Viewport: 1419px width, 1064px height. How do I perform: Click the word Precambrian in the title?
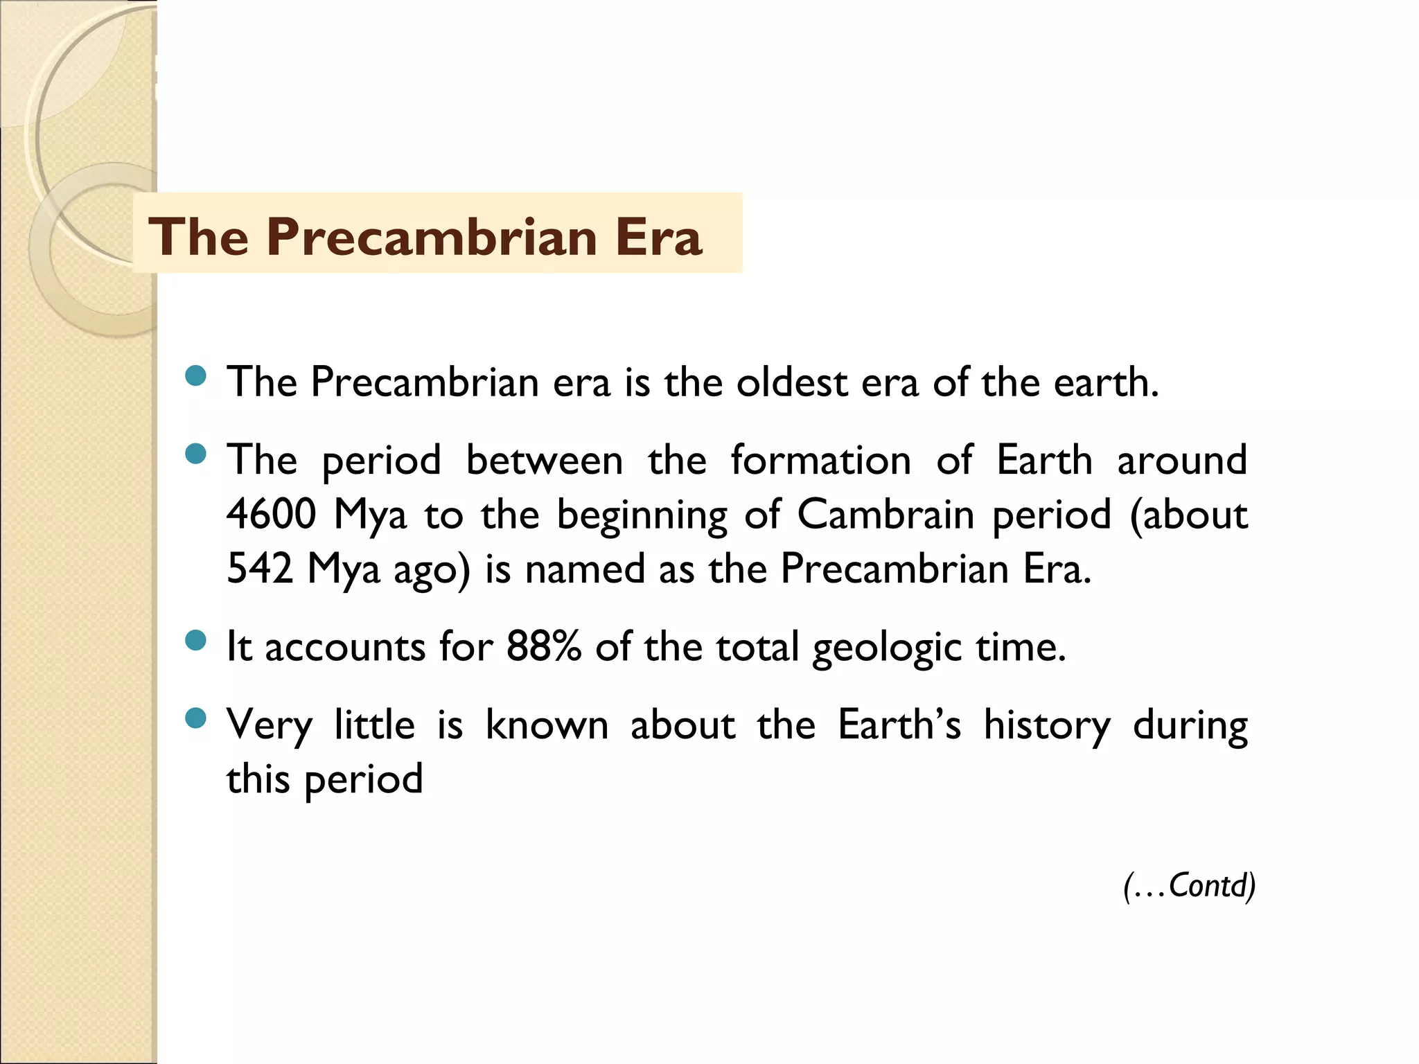tap(432, 238)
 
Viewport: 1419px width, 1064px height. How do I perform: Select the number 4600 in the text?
tap(272, 515)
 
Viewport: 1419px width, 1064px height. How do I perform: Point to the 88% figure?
tap(544, 647)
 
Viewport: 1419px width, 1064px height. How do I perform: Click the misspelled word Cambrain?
tap(885, 515)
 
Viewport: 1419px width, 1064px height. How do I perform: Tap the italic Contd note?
tap(1189, 886)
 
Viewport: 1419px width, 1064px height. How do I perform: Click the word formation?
tap(820, 461)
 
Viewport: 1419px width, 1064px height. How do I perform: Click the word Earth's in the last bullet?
tap(899, 725)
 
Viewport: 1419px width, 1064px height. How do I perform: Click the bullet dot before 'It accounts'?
tap(196, 641)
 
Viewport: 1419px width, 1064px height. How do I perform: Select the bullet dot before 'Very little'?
tap(196, 718)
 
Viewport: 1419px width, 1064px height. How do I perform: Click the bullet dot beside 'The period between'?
tap(196, 454)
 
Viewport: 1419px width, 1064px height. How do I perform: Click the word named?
tap(584, 570)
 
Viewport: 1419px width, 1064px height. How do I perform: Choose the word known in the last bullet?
tap(547, 725)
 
